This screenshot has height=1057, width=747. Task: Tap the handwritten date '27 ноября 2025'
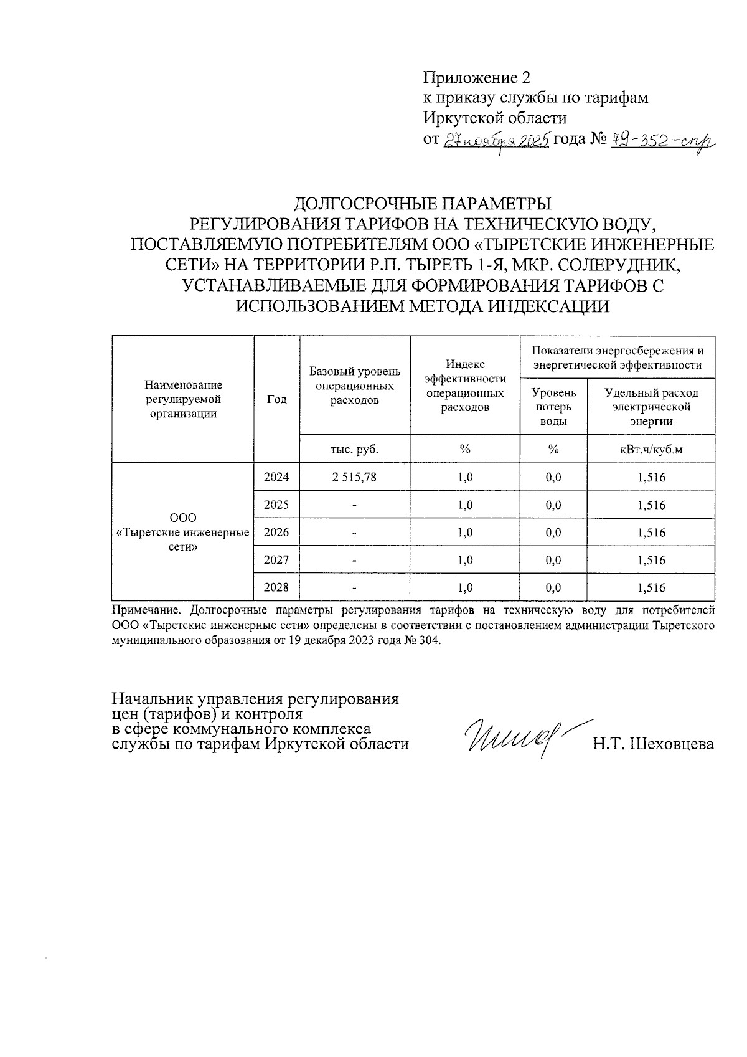tap(496, 140)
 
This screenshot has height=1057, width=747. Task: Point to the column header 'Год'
tap(277, 400)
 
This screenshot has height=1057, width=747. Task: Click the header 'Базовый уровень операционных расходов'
tap(355, 386)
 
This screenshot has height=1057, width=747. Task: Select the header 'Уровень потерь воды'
tap(553, 407)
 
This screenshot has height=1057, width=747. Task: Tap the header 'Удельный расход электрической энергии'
tap(651, 407)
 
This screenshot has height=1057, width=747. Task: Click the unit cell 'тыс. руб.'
tap(355, 449)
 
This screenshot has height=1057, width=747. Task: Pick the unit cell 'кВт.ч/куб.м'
tap(651, 449)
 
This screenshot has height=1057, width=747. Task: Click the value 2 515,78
tap(355, 477)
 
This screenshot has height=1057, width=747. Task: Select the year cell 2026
tap(277, 532)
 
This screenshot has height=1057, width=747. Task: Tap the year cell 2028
tap(277, 587)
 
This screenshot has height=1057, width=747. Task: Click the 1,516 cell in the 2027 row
tap(651, 560)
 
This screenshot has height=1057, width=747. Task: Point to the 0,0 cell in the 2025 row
tap(553, 505)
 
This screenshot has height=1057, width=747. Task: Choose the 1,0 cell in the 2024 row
tap(464, 477)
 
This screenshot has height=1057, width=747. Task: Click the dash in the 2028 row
tap(355, 587)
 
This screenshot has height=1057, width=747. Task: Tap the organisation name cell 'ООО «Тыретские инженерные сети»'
tap(183, 533)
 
